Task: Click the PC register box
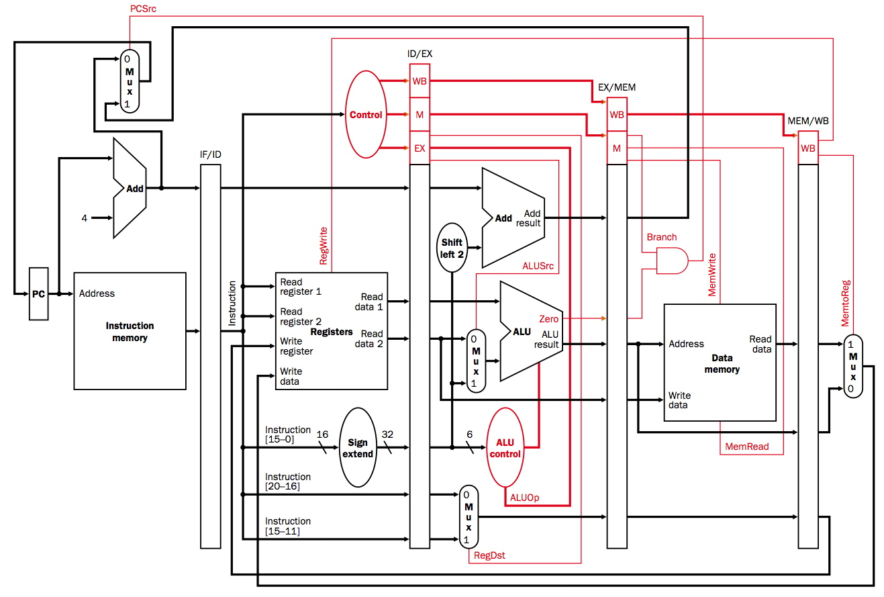(x=39, y=293)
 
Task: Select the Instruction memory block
(x=130, y=331)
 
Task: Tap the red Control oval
(x=366, y=115)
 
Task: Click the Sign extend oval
(x=358, y=447)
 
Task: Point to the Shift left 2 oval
(x=452, y=247)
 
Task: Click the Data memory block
(x=720, y=363)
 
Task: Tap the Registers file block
(x=332, y=331)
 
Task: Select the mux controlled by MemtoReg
(x=852, y=366)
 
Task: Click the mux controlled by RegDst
(x=468, y=516)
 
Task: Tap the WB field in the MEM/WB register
(x=807, y=148)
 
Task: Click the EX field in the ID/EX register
(x=419, y=148)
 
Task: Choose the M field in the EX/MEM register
(x=616, y=148)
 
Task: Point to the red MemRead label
(x=747, y=447)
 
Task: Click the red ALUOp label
(x=524, y=498)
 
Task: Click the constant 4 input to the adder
(x=85, y=218)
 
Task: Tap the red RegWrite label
(x=324, y=246)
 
